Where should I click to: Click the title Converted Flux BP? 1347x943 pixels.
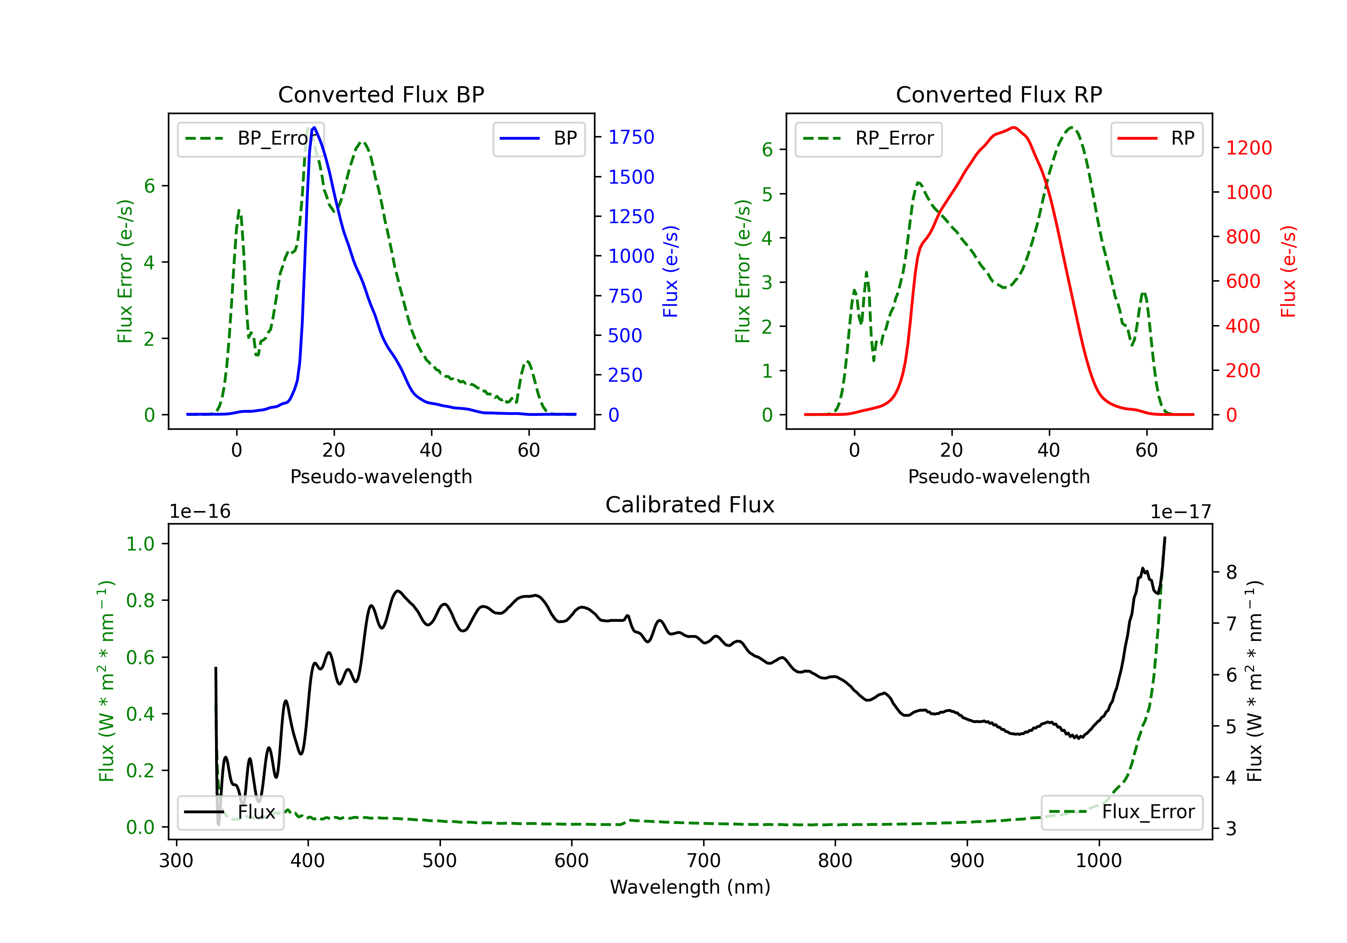pyautogui.click(x=381, y=94)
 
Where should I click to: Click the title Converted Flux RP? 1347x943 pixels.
pyautogui.click(x=999, y=94)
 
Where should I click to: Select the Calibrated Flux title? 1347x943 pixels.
pyautogui.click(x=690, y=505)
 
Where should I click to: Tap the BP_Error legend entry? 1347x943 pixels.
pyautogui.click(x=251, y=138)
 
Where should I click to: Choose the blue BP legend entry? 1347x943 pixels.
pyautogui.click(x=538, y=138)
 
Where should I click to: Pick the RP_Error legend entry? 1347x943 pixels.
pyautogui.click(x=868, y=138)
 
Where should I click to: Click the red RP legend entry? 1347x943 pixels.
pyautogui.click(x=1156, y=138)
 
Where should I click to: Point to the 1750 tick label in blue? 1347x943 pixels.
pyautogui.click(x=631, y=137)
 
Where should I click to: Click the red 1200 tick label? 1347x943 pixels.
pyautogui.click(x=1249, y=148)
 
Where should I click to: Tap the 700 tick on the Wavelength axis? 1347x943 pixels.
pyautogui.click(x=704, y=860)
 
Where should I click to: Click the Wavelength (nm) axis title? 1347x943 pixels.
pyautogui.click(x=690, y=887)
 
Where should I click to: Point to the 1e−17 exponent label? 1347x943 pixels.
pyautogui.click(x=1180, y=512)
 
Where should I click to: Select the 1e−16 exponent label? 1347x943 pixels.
pyautogui.click(x=200, y=512)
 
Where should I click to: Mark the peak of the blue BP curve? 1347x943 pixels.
pyautogui.click(x=314, y=128)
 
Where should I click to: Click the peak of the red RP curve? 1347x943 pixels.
pyautogui.click(x=1014, y=128)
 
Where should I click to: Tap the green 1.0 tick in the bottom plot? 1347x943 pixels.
pyautogui.click(x=140, y=544)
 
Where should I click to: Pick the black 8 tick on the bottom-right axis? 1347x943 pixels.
pyautogui.click(x=1232, y=572)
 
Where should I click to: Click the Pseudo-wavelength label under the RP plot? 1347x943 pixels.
pyautogui.click(x=999, y=476)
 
